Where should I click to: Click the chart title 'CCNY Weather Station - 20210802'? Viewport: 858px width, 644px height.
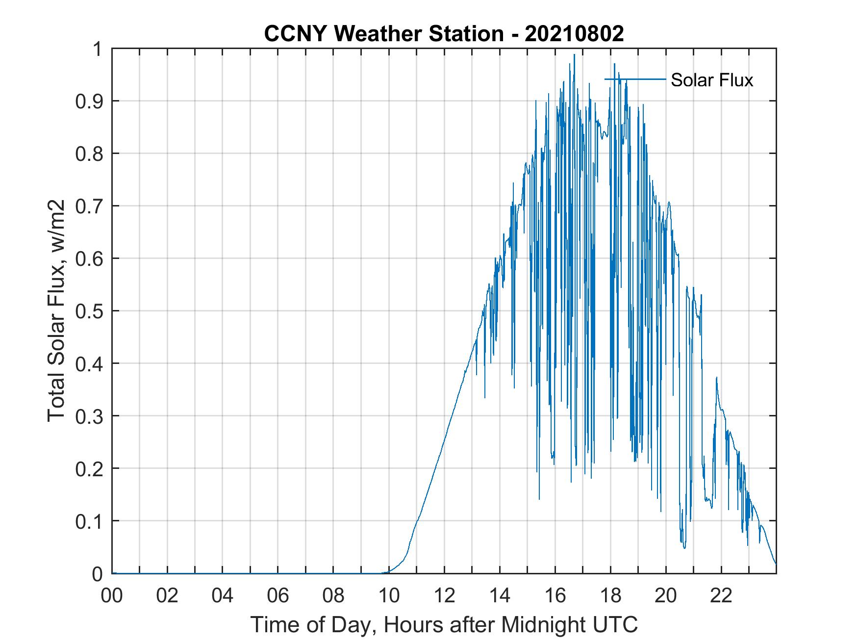pyautogui.click(x=444, y=33)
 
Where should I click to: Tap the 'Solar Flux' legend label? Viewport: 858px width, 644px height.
pyautogui.click(x=711, y=80)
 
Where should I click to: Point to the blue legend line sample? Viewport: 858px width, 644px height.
pyautogui.click(x=635, y=79)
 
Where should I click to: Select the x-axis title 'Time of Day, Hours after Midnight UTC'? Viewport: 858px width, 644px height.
pyautogui.click(x=444, y=624)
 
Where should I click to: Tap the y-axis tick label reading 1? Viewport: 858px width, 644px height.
pyautogui.click(x=98, y=49)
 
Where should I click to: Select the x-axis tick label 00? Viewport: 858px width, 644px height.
pyautogui.click(x=112, y=595)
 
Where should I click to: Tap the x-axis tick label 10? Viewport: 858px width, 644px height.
pyautogui.click(x=389, y=595)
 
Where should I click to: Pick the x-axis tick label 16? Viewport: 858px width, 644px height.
pyautogui.click(x=555, y=595)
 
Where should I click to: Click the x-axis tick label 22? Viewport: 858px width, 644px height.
pyautogui.click(x=721, y=595)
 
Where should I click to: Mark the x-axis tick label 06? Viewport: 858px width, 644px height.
pyautogui.click(x=278, y=595)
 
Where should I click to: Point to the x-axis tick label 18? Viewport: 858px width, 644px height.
pyautogui.click(x=610, y=595)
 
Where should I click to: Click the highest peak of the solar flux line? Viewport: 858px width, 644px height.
pyautogui.click(x=574, y=54)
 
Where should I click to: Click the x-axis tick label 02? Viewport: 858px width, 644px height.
pyautogui.click(x=167, y=595)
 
